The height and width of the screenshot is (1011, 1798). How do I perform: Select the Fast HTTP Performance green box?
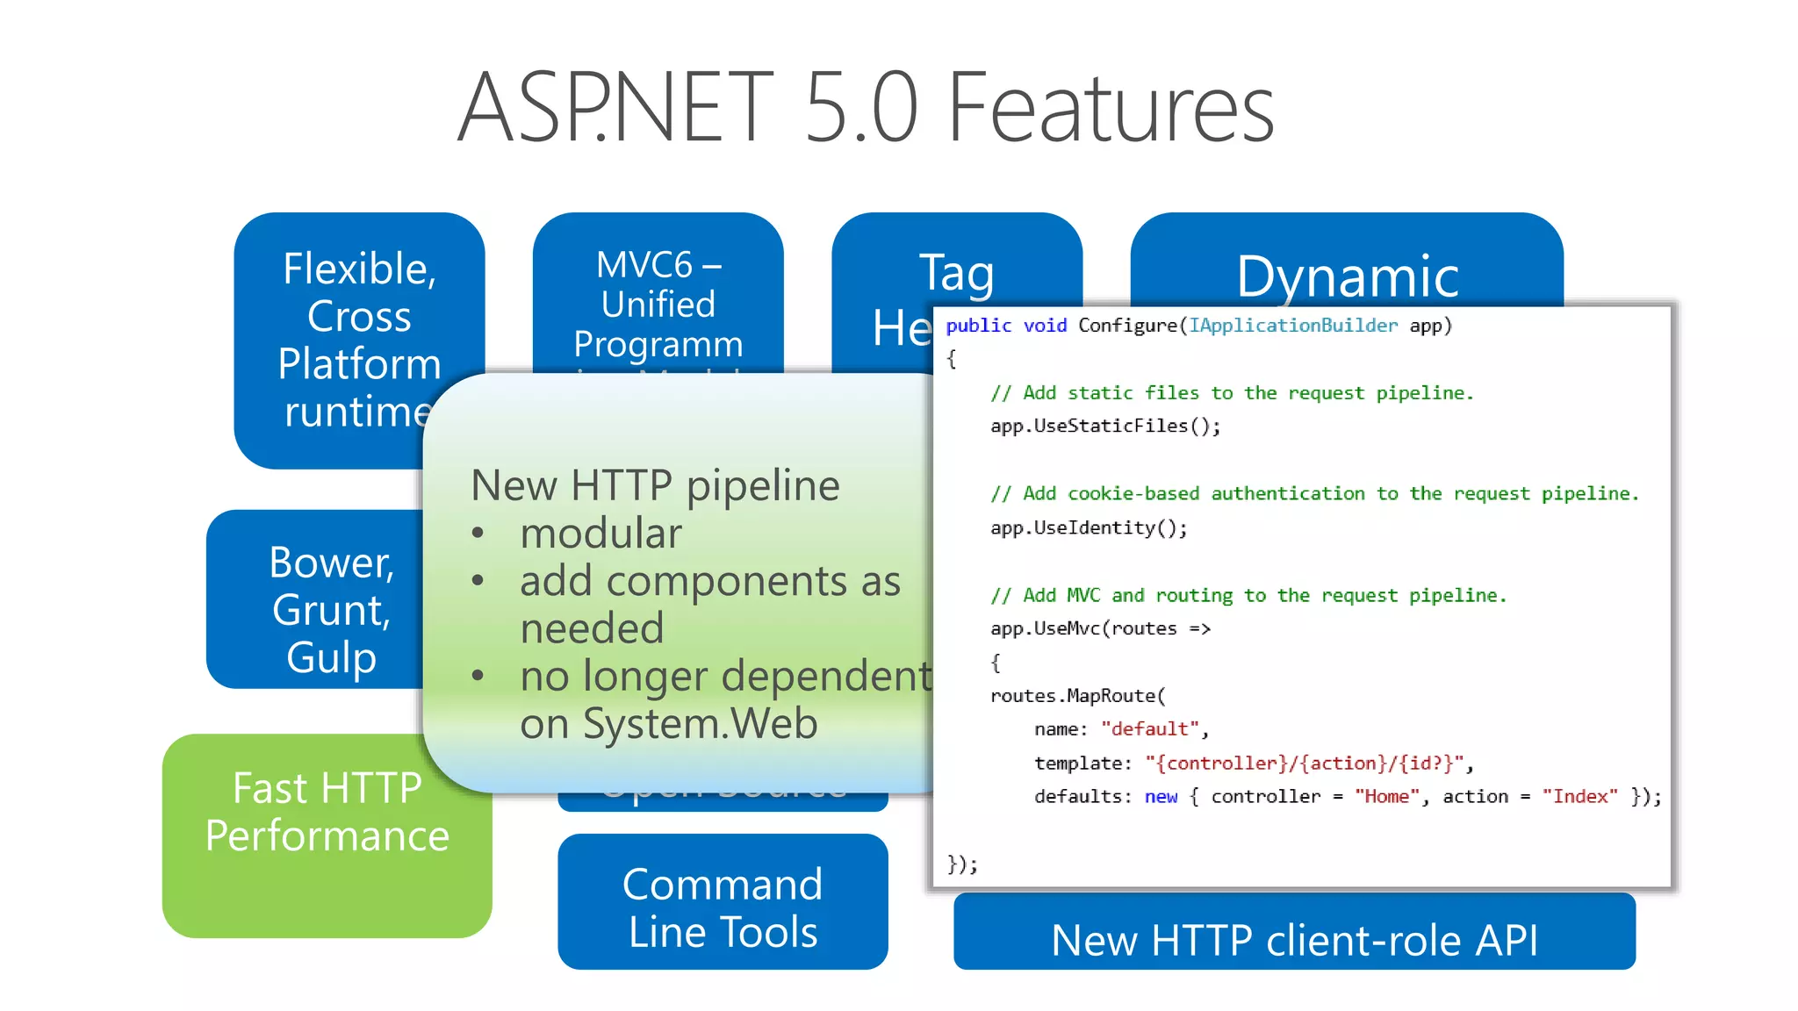pos(327,835)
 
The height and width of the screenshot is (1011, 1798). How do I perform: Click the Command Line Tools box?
pos(723,907)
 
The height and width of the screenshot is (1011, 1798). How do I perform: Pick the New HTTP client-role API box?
pos(1294,940)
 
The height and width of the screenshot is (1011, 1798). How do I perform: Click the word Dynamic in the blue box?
pos(1347,276)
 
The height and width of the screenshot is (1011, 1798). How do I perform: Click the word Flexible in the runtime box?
pos(358,269)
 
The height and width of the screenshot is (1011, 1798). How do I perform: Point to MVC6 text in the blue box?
pos(644,265)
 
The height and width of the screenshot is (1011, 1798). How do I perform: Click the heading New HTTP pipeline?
pos(655,485)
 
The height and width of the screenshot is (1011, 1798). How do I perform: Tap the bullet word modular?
pos(601,534)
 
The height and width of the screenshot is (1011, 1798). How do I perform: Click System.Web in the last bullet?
pos(700,724)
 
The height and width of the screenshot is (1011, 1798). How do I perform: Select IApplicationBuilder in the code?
pos(1292,326)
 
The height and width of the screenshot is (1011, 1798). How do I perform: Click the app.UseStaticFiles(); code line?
pos(1104,427)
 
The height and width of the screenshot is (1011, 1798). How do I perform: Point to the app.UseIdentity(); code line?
pos(1089,528)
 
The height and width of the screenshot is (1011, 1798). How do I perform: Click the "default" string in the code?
pos(1149,729)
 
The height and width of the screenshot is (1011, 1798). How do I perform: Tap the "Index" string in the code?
pos(1579,797)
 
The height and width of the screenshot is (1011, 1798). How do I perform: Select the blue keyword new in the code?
pos(1161,797)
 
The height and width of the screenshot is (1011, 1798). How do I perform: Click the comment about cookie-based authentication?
pos(1314,494)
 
